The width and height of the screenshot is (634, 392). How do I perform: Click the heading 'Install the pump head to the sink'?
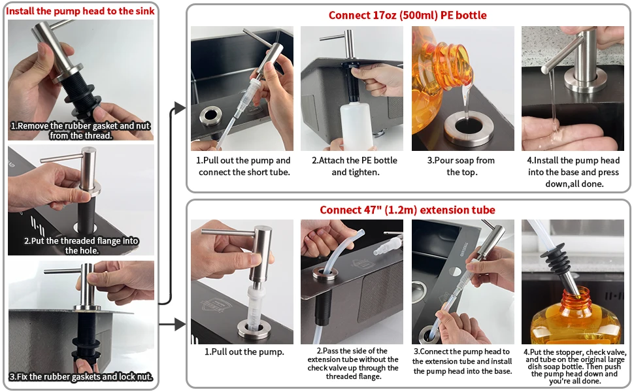pyautogui.click(x=80, y=11)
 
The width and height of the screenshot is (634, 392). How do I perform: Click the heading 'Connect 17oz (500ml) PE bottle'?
pyautogui.click(x=408, y=16)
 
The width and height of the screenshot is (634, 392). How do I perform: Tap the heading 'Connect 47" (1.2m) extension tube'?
pyautogui.click(x=407, y=210)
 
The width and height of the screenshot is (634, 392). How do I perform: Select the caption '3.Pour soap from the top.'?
pyautogui.click(x=461, y=166)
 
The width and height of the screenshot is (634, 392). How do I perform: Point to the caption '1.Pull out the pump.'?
pyautogui.click(x=244, y=352)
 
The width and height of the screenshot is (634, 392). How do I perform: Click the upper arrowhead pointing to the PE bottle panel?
pyautogui.click(x=180, y=108)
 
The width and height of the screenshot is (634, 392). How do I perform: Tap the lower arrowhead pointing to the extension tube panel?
pyautogui.click(x=180, y=324)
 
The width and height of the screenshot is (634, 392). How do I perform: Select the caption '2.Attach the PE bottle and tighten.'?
pyautogui.click(x=355, y=166)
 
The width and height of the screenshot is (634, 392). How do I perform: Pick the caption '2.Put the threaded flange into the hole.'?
pyautogui.click(x=81, y=245)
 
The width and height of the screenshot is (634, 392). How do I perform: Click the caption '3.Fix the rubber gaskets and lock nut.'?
pyautogui.click(x=81, y=376)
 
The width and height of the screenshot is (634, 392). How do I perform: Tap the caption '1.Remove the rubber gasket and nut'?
pyautogui.click(x=80, y=125)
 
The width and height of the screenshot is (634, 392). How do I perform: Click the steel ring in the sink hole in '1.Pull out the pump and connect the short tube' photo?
pyautogui.click(x=210, y=116)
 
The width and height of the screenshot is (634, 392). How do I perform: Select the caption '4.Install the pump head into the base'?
pyautogui.click(x=573, y=166)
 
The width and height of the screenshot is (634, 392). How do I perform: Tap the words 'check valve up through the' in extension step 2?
pyautogui.click(x=352, y=368)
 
